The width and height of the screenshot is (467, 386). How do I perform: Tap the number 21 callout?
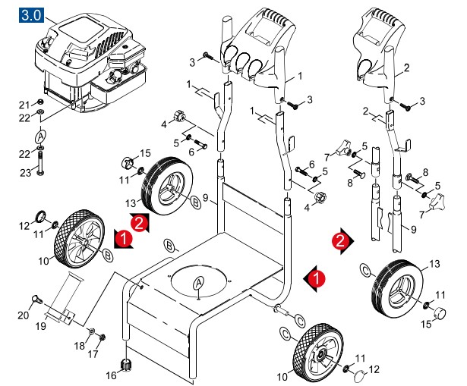[24, 104]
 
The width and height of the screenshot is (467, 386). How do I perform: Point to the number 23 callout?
[26, 174]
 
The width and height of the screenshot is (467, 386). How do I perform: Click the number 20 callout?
[24, 316]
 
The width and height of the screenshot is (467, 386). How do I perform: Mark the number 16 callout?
[111, 375]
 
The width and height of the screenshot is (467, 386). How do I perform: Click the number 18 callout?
[78, 346]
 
